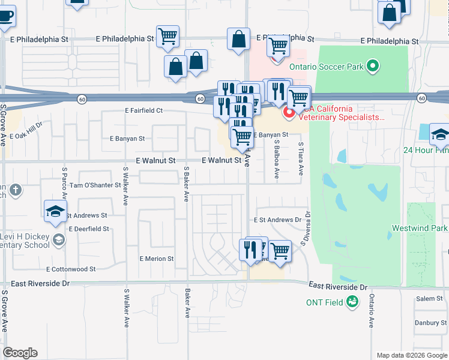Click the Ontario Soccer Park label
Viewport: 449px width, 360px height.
(x=326, y=67)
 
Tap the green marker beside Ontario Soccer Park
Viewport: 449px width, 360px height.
(x=373, y=66)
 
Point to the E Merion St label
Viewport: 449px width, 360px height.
(x=156, y=259)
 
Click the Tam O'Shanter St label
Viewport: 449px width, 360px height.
(x=95, y=185)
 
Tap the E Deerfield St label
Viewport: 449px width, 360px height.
(x=89, y=229)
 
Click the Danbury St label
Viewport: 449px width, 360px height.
(x=431, y=323)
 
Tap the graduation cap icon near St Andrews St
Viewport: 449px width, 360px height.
(x=55, y=211)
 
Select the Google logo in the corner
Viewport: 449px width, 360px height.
(x=20, y=353)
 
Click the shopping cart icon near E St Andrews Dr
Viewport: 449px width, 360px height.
(x=279, y=251)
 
